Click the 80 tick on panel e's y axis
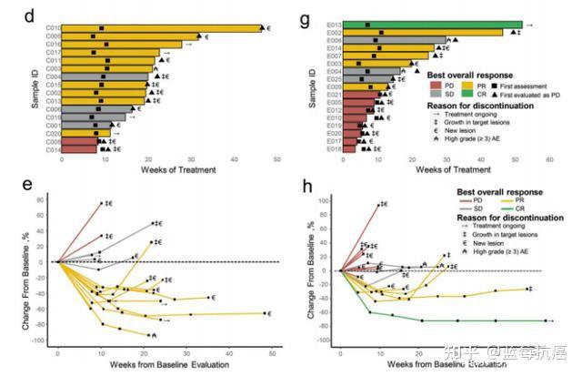[42, 198]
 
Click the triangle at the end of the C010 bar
[261, 28]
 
